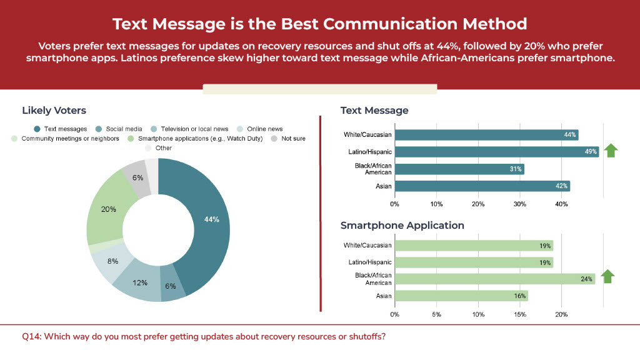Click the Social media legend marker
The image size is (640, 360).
click(x=98, y=129)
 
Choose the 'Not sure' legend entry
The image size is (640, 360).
click(x=289, y=139)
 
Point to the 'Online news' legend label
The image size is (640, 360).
click(x=265, y=129)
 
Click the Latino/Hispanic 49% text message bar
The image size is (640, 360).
click(x=497, y=152)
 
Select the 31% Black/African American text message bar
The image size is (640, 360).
click(x=459, y=169)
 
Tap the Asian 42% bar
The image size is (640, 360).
click(x=482, y=186)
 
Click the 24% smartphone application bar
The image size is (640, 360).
click(x=495, y=279)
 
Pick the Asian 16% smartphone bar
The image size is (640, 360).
click(x=461, y=296)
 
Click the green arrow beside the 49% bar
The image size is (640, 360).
click(x=611, y=151)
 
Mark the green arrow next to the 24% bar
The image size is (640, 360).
click(x=607, y=276)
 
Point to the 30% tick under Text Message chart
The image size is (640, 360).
click(x=519, y=204)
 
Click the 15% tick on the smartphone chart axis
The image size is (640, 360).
click(x=520, y=315)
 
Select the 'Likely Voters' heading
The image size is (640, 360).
click(x=54, y=111)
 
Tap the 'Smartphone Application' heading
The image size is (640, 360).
click(x=402, y=225)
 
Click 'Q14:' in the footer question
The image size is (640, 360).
click(x=32, y=337)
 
